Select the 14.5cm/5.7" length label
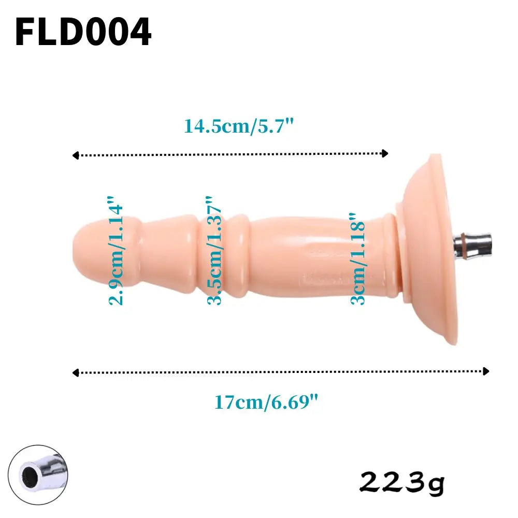coord(239,126)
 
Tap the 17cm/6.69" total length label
coord(265,402)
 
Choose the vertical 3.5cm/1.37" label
coord(214,251)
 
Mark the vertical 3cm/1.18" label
coord(358,258)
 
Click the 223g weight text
coord(401,482)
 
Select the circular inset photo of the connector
coord(38,474)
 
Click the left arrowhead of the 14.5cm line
coord(76,155)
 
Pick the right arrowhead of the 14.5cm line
coord(384,153)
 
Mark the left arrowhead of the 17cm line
coord(76,372)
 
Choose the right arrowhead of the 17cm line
coord(485,371)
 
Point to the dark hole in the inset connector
coord(26,474)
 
